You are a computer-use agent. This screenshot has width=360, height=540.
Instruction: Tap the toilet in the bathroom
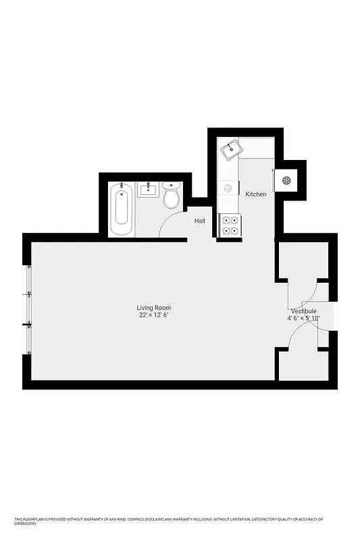coord(171,196)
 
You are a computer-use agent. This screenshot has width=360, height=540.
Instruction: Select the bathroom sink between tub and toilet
coord(148,190)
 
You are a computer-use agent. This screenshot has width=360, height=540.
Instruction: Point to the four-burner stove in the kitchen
coord(230,225)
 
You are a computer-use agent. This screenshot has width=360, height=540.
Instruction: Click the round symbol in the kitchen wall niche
coord(286,180)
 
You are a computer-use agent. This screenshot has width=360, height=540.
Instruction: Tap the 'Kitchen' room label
coord(255,194)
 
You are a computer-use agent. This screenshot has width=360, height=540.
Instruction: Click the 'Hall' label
coord(200,221)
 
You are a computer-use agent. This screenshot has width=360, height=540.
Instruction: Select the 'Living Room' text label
coord(154,308)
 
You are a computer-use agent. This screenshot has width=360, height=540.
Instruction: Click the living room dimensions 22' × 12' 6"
coord(154,315)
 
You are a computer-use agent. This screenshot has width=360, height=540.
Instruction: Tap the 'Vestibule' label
coord(303,311)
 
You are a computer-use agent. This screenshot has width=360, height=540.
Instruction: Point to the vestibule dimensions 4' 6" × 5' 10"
coord(303,319)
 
